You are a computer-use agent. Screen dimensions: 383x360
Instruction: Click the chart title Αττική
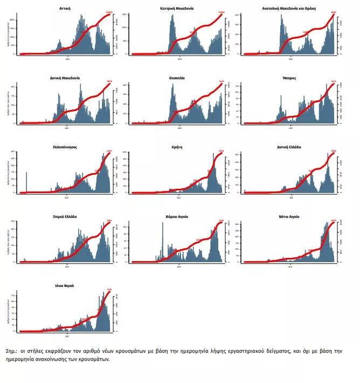click(66, 9)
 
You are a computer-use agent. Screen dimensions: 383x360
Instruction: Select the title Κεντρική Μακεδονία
click(177, 9)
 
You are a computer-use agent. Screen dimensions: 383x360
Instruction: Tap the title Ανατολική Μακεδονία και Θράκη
click(290, 9)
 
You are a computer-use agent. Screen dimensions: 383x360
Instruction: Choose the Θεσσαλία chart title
click(177, 78)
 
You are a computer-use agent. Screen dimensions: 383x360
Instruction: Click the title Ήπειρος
click(289, 78)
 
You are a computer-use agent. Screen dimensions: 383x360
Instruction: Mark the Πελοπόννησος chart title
click(67, 147)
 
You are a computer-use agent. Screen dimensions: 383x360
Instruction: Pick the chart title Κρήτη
click(177, 147)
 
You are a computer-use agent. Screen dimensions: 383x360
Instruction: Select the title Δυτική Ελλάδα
click(289, 147)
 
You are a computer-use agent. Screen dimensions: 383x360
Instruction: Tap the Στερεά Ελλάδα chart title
click(66, 216)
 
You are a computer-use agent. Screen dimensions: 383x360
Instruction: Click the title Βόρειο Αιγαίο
click(177, 216)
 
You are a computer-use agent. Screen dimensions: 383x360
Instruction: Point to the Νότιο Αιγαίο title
click(289, 216)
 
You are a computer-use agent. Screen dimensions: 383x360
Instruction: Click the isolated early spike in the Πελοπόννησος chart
click(26, 181)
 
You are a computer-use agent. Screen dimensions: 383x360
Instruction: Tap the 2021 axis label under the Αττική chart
click(67, 59)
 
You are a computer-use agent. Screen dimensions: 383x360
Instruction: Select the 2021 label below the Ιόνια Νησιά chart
click(67, 336)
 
